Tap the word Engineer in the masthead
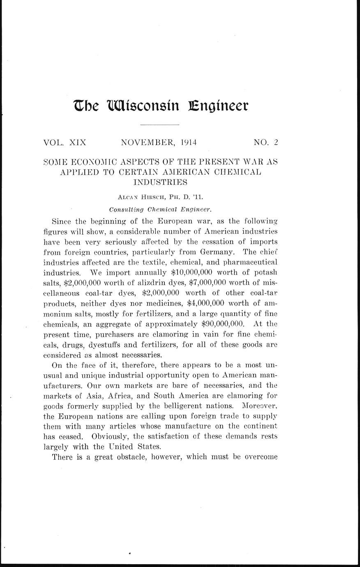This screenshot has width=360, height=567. point(218,106)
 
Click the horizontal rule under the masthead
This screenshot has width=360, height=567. point(160,124)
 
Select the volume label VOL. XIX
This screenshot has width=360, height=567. point(65,143)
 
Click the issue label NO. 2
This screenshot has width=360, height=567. point(266,143)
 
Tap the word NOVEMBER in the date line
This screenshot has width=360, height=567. point(149,143)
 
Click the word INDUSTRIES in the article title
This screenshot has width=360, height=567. point(161,181)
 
